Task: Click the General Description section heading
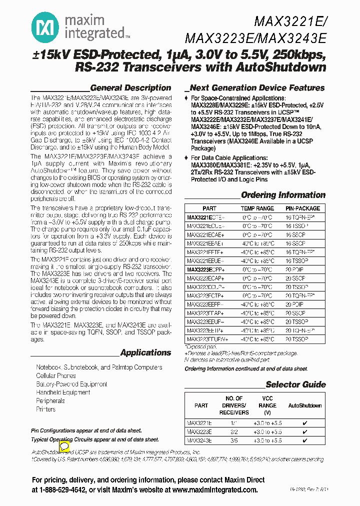[130, 87]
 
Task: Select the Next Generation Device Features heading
[257, 87]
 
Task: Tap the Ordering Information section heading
[283, 195]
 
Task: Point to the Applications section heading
[145, 352]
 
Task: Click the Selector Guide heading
[295, 384]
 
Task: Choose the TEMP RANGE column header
[257, 208]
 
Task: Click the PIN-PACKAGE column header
[303, 208]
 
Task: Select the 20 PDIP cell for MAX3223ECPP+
[295, 269]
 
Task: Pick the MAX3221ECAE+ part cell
[205, 234]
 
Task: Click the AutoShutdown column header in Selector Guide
[305, 405]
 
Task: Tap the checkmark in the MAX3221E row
[305, 422]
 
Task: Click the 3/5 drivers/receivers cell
[234, 440]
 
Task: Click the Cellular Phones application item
[56, 375]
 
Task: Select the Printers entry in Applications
[46, 409]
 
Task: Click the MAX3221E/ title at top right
[290, 21]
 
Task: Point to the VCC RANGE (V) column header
[268, 405]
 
